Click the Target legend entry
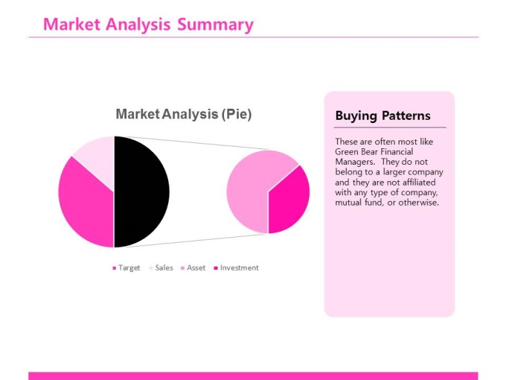click(x=126, y=268)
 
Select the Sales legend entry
click(x=161, y=268)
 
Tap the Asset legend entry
click(x=193, y=268)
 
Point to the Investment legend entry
click(x=236, y=268)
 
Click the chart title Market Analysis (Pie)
click(x=184, y=114)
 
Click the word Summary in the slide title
click(x=215, y=25)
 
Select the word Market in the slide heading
click(x=71, y=25)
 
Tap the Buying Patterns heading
click(x=382, y=115)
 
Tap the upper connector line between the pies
click(x=192, y=143)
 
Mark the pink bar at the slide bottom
click(x=253, y=376)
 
